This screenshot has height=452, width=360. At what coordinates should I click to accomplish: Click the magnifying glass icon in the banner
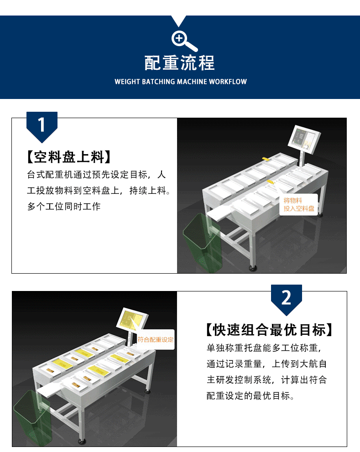(x=184, y=41)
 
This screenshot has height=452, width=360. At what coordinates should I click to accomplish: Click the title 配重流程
(x=179, y=63)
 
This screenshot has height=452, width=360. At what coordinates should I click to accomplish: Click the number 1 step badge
(x=42, y=126)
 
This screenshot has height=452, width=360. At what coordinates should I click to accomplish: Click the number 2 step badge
(x=287, y=299)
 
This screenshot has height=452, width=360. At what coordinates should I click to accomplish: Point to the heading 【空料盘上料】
(x=69, y=157)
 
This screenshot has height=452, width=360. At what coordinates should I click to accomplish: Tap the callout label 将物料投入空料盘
(x=298, y=204)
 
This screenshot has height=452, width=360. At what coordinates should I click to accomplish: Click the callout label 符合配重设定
(x=156, y=340)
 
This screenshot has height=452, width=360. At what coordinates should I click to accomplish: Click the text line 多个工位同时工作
(x=64, y=207)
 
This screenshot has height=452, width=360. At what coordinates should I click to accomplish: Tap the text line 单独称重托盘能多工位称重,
(x=264, y=348)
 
